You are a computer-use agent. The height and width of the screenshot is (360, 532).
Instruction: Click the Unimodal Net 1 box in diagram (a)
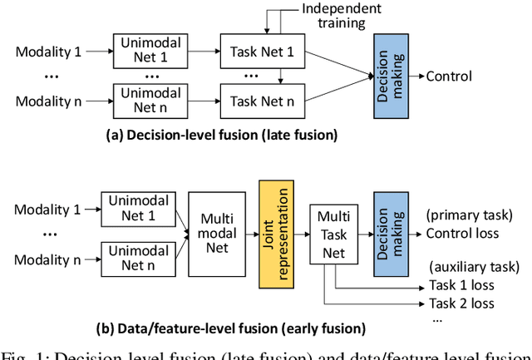[144, 52]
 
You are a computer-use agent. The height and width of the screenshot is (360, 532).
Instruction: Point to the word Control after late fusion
[449, 76]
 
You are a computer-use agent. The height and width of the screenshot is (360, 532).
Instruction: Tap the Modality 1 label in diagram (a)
[48, 52]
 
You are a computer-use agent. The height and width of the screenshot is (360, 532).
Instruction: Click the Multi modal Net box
[217, 233]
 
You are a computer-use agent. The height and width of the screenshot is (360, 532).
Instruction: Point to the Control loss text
[462, 233]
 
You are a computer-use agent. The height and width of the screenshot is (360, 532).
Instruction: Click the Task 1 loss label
[462, 284]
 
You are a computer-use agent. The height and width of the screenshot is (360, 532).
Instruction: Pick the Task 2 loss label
[462, 302]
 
